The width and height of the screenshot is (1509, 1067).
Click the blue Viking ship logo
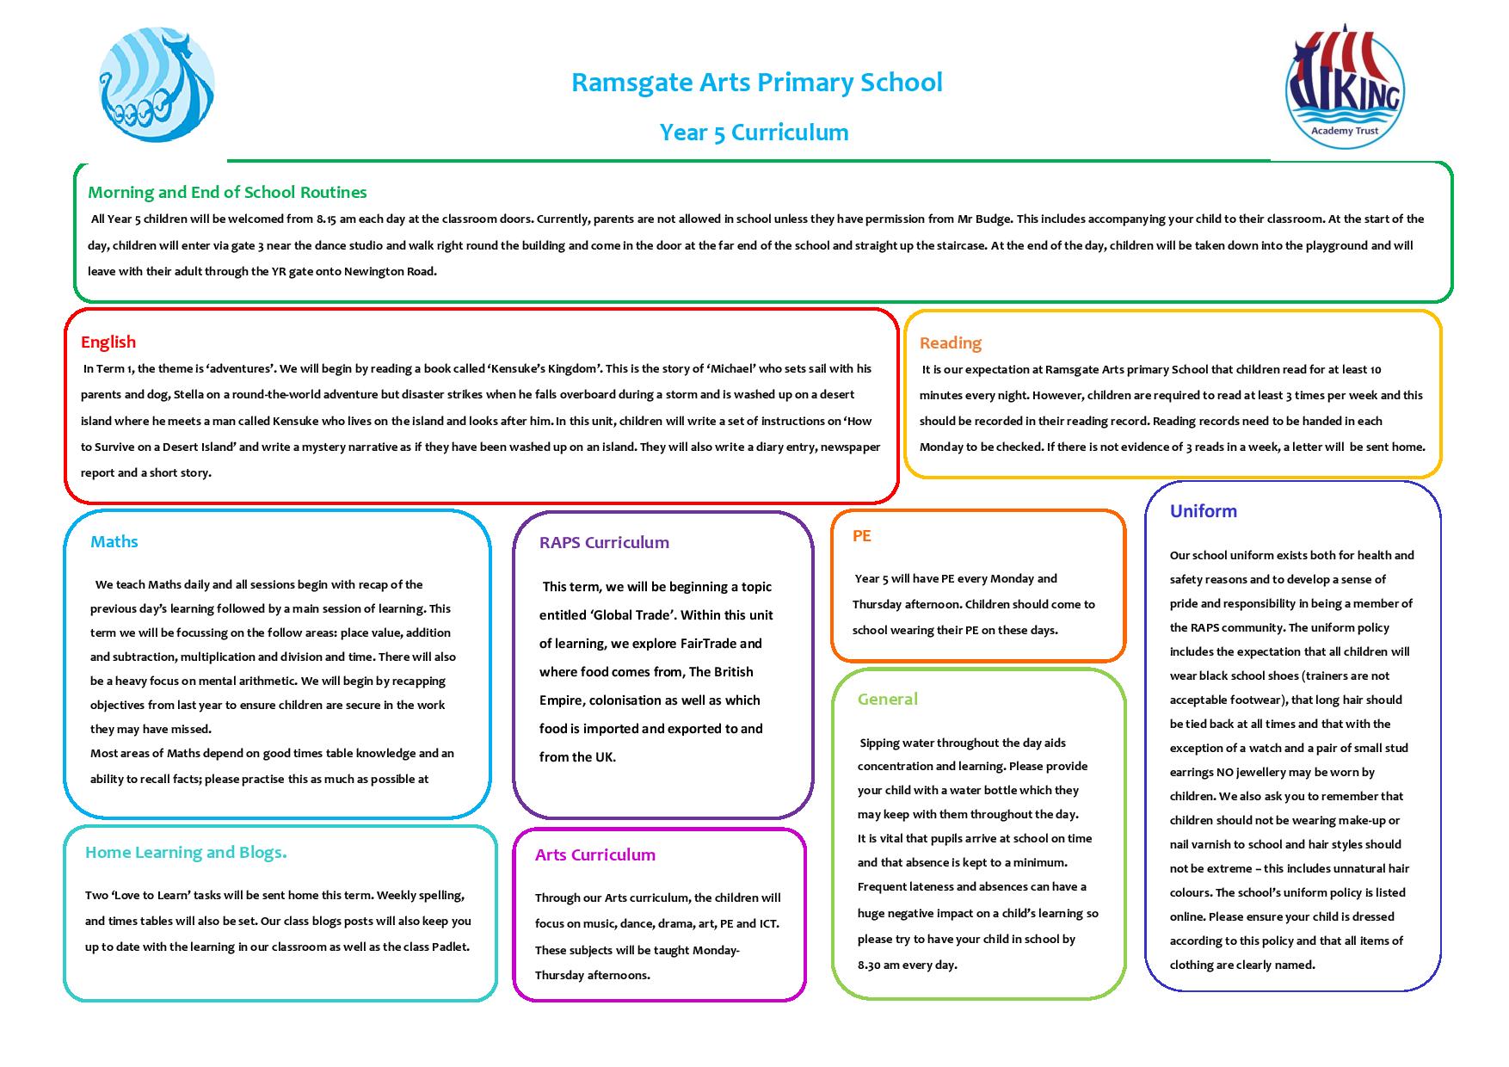pyautogui.click(x=157, y=84)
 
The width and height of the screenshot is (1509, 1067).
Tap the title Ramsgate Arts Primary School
pyautogui.click(x=756, y=83)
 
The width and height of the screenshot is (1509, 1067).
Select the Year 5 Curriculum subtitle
pyautogui.click(x=754, y=133)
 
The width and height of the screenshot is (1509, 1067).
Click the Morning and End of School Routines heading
pyautogui.click(x=227, y=192)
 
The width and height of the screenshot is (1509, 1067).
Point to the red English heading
pyautogui.click(x=108, y=342)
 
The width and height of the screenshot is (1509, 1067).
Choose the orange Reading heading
pyautogui.click(x=950, y=342)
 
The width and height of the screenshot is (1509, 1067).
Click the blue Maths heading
pyautogui.click(x=114, y=541)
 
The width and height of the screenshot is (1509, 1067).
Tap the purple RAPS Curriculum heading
pyautogui.click(x=604, y=542)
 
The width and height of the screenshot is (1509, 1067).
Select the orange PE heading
pyautogui.click(x=861, y=535)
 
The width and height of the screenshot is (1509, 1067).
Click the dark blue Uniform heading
pyautogui.click(x=1203, y=511)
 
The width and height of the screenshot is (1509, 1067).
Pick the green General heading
pyautogui.click(x=887, y=699)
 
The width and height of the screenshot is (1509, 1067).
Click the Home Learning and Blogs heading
pyautogui.click(x=186, y=852)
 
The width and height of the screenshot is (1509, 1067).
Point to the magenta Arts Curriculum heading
pyautogui.click(x=594, y=854)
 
